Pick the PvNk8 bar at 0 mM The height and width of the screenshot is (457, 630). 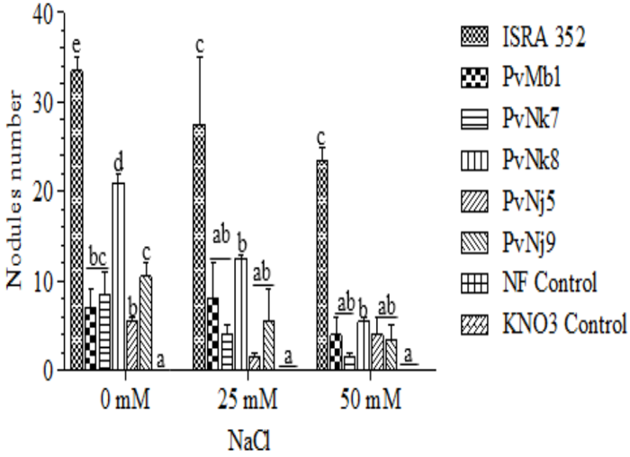[118, 276]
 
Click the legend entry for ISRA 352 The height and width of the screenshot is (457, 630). [531, 38]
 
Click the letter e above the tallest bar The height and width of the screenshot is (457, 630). [77, 51]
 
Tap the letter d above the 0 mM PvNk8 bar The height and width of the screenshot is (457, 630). [118, 165]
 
